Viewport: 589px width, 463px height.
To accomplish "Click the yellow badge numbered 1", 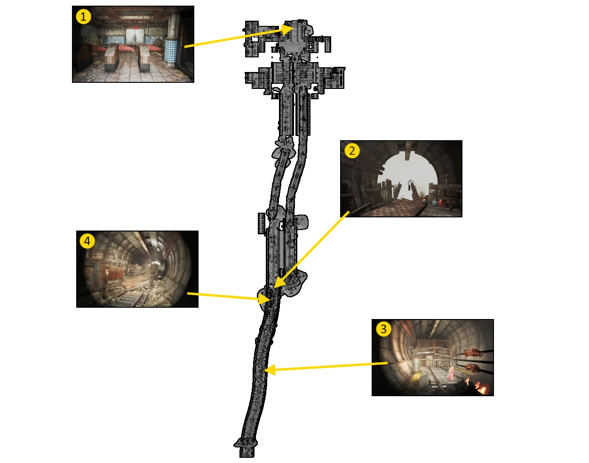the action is tap(83, 17).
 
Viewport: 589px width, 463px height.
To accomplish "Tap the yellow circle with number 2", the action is tap(352, 151).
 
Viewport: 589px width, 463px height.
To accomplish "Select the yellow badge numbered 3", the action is tap(383, 329).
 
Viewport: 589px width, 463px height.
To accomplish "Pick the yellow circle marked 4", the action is tap(88, 241).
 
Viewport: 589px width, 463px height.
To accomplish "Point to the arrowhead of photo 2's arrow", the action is tap(279, 282).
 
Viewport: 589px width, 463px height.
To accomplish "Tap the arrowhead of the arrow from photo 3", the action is tap(270, 370).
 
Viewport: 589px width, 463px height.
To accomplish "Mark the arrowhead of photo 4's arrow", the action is tap(264, 299).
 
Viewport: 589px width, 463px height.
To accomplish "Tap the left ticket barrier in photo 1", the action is tap(111, 57).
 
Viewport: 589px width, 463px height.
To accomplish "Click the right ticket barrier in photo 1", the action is tap(144, 57).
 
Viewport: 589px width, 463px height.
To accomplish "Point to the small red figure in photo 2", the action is tap(440, 203).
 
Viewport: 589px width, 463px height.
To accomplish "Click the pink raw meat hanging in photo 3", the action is tap(451, 374).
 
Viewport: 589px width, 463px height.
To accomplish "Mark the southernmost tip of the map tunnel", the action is tap(247, 457).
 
